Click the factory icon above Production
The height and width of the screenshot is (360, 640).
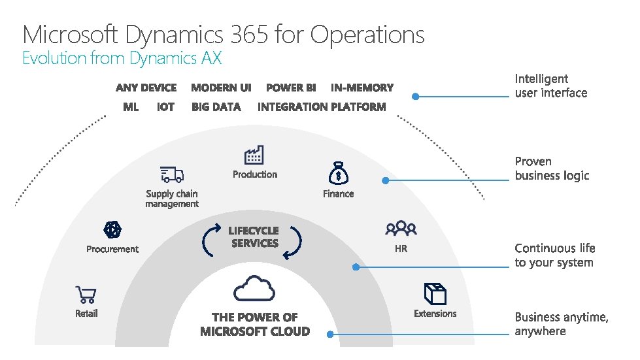coord(254,155)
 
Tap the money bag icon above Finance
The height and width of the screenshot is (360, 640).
coord(338,174)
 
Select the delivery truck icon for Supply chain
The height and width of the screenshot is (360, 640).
coord(172,174)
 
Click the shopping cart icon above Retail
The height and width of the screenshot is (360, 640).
coord(86,294)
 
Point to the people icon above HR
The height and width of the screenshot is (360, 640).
coord(401,228)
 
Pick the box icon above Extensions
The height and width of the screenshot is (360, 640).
coord(434,294)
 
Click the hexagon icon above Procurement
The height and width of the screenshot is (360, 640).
coord(112,230)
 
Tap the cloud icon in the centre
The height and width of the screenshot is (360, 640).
coord(254,289)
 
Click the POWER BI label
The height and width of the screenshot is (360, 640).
coord(291,88)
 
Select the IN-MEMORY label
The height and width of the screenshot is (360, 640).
coord(362,88)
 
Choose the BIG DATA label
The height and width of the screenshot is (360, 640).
coord(216,107)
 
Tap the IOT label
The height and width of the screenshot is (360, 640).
coord(165,107)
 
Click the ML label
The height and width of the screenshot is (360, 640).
coord(131,107)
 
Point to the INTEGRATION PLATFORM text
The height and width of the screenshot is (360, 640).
coord(322,107)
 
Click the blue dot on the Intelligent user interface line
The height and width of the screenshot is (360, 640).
coord(416,97)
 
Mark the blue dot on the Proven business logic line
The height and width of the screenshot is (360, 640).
coord(386,180)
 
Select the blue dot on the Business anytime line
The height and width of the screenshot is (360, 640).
coord(330,334)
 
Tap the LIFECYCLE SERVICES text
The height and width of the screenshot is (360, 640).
coord(254,237)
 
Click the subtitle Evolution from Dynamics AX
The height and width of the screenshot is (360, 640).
coord(122,58)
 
